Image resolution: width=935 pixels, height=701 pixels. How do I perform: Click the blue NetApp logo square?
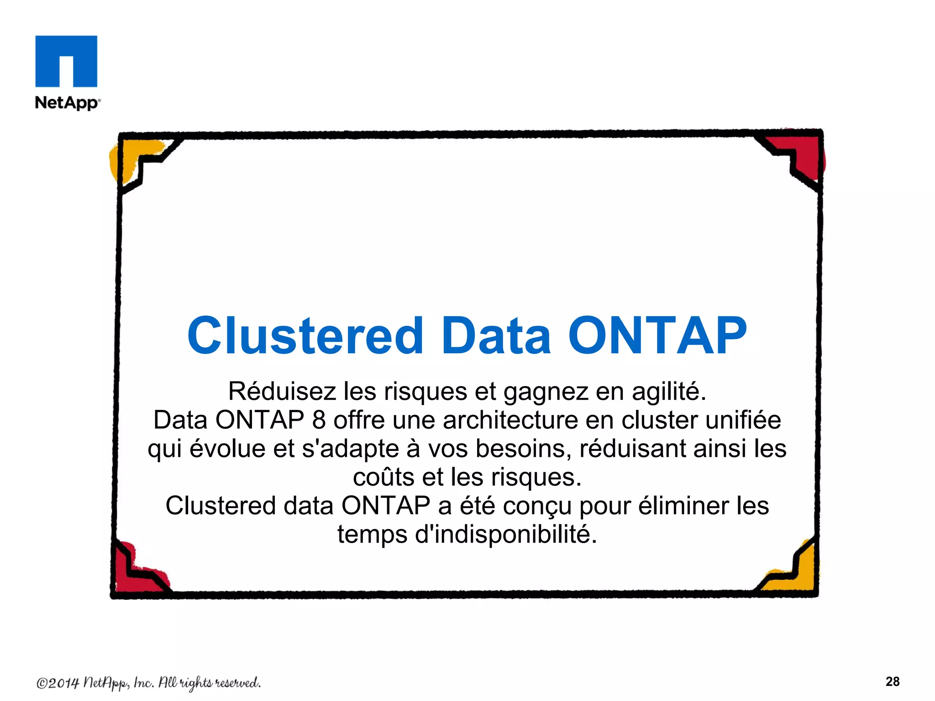[66, 61]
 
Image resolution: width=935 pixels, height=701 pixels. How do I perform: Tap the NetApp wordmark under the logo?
[67, 103]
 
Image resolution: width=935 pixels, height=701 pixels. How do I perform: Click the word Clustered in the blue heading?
[305, 336]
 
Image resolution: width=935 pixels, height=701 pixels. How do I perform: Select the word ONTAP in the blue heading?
[657, 336]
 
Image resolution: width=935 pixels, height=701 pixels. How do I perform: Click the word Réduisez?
[282, 391]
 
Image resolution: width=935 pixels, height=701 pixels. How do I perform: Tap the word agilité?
[669, 391]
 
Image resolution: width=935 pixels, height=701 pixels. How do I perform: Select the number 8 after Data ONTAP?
[319, 420]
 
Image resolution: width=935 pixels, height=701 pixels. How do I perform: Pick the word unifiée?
[743, 420]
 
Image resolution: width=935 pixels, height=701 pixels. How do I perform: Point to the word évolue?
[227, 448]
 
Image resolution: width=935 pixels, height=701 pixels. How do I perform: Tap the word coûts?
[383, 477]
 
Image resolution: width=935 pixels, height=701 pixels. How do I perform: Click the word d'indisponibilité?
[505, 534]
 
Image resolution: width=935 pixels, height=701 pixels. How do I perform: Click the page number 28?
[893, 681]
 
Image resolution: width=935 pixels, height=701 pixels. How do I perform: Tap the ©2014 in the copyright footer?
[58, 683]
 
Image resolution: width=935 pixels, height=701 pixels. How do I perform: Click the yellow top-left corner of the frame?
[130, 157]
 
